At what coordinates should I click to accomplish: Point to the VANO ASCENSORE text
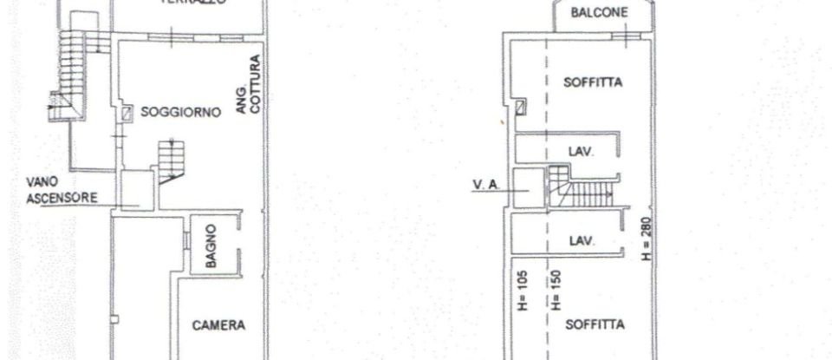click(x=61, y=191)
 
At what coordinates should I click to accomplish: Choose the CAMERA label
click(x=218, y=325)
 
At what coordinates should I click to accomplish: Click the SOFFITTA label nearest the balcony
click(x=594, y=83)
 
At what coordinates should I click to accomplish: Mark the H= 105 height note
click(x=523, y=291)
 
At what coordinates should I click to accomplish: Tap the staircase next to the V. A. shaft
click(x=578, y=187)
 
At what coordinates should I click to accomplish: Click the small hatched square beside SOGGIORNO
click(x=127, y=113)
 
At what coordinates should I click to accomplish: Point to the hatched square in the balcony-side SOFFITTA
click(x=520, y=108)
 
